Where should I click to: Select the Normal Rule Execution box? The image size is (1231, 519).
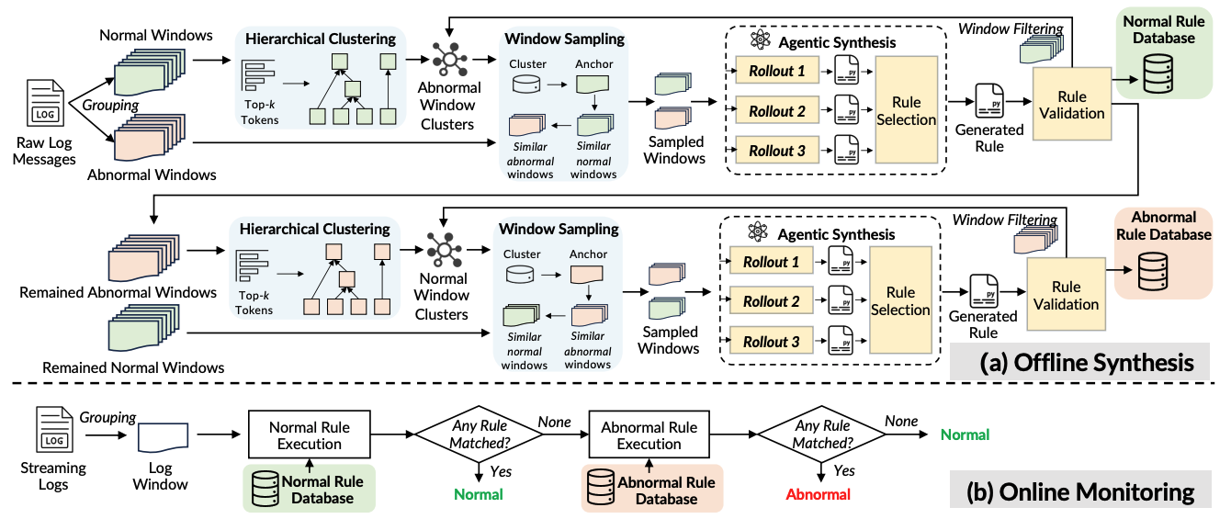point(310,436)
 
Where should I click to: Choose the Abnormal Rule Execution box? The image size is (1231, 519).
point(649,436)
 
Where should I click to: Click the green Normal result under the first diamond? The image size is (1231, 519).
point(479,494)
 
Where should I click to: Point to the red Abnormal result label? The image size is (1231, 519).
point(819,494)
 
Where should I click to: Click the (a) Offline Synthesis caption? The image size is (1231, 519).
point(1088,363)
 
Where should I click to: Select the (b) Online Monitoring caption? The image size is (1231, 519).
point(1081,492)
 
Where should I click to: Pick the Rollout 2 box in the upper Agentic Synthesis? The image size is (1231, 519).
point(776,111)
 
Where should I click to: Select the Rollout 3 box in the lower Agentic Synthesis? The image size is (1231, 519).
point(771,342)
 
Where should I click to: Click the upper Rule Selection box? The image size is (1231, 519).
point(906,111)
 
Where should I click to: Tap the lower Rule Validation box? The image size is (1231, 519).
point(1066,295)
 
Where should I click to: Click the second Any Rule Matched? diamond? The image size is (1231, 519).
point(819,434)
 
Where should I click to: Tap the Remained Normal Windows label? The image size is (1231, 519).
point(121,367)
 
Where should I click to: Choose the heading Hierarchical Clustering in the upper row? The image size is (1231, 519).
point(317,39)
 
